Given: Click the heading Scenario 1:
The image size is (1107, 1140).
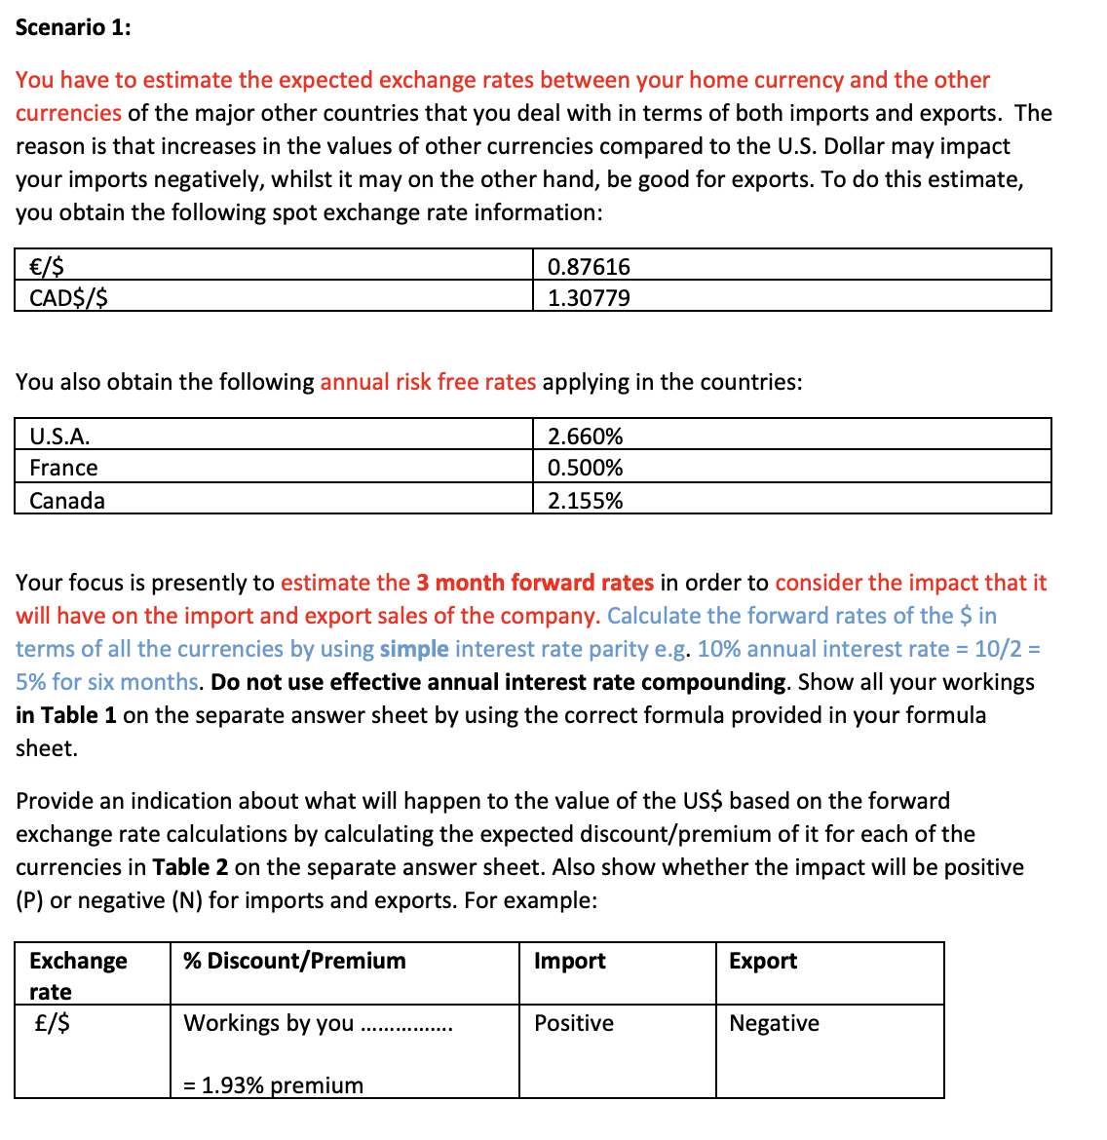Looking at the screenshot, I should pyautogui.click(x=73, y=27).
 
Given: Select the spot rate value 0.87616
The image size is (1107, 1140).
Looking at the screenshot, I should pyautogui.click(x=589, y=267).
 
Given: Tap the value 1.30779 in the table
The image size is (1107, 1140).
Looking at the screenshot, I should pyautogui.click(x=589, y=298).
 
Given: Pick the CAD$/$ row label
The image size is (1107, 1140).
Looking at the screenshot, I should pyautogui.click(x=68, y=298).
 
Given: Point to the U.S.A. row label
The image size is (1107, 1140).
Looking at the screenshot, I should pyautogui.click(x=59, y=437).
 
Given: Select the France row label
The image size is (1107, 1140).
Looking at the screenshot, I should pyautogui.click(x=63, y=468).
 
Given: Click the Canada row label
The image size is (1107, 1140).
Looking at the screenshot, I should pyautogui.click(x=67, y=501).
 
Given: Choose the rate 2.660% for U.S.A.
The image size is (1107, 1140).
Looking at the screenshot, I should pyautogui.click(x=585, y=437).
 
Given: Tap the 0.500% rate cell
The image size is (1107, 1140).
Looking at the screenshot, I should pyautogui.click(x=585, y=468).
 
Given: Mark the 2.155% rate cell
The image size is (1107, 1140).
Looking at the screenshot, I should pyautogui.click(x=585, y=501).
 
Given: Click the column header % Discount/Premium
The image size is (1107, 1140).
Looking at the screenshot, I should pyautogui.click(x=294, y=961).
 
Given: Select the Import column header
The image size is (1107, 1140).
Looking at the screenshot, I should pyautogui.click(x=569, y=961).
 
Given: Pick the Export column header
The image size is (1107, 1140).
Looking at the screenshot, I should pyautogui.click(x=762, y=961).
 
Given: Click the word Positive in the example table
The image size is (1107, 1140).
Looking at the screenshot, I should pyautogui.click(x=574, y=1023).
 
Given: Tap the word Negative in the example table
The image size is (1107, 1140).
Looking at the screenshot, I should pyautogui.click(x=774, y=1023).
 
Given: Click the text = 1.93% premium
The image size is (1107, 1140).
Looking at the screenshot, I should pyautogui.click(x=273, y=1085).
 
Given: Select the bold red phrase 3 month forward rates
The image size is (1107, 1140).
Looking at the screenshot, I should pyautogui.click(x=535, y=583).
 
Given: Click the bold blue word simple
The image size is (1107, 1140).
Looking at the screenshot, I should pyautogui.click(x=414, y=649).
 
